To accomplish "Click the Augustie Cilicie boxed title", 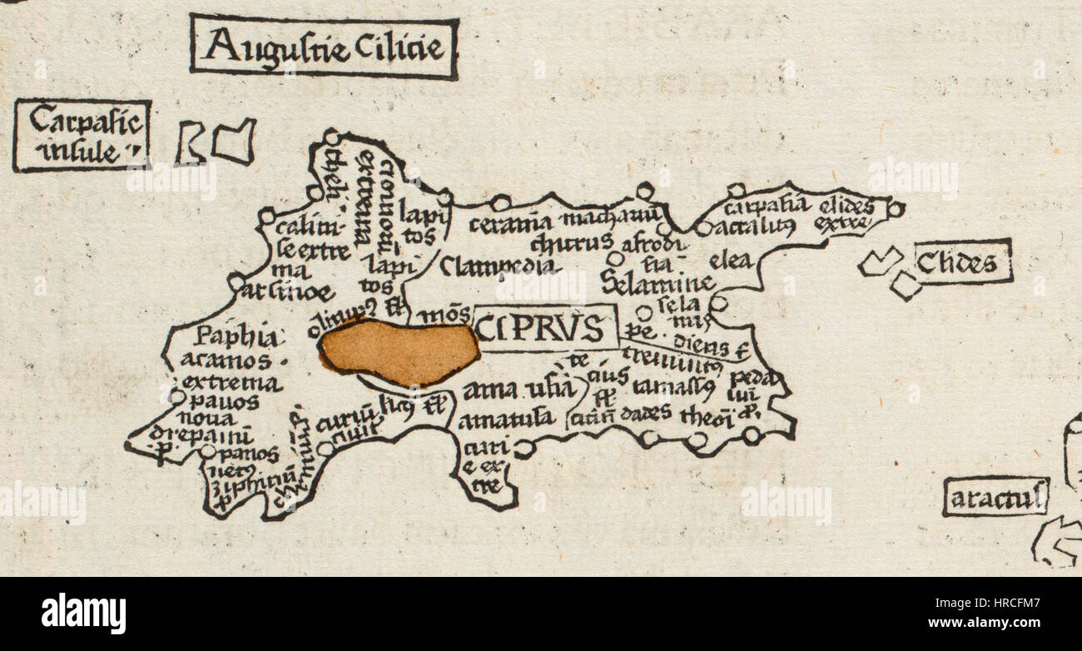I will coord(324,47).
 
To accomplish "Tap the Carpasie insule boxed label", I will coord(82,136).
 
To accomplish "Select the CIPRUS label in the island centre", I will coord(546,328).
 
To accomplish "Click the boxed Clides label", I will coord(963,263).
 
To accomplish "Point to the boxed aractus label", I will coord(995,499).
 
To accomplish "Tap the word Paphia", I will coord(226,337).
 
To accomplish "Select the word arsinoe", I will coord(289,293).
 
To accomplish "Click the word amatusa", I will coord(506,419).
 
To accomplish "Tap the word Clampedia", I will coord(497,266).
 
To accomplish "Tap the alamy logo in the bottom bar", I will coord(83,614).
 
